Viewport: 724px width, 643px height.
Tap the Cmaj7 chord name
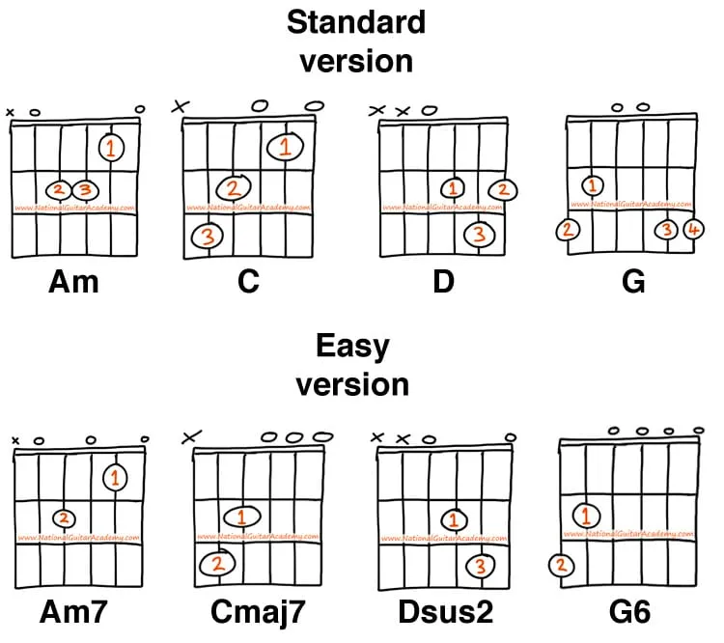click(251, 612)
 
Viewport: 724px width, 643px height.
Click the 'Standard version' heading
click(356, 41)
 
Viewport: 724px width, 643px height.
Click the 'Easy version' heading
click(352, 365)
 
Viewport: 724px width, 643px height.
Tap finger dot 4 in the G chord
click(692, 230)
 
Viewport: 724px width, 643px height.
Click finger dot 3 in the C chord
click(207, 236)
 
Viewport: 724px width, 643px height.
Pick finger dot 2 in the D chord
click(503, 189)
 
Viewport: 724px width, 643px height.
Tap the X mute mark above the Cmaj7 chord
click(190, 437)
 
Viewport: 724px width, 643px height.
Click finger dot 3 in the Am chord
click(85, 189)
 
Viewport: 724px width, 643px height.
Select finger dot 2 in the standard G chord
click(568, 230)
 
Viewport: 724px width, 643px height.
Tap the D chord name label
click(443, 282)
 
